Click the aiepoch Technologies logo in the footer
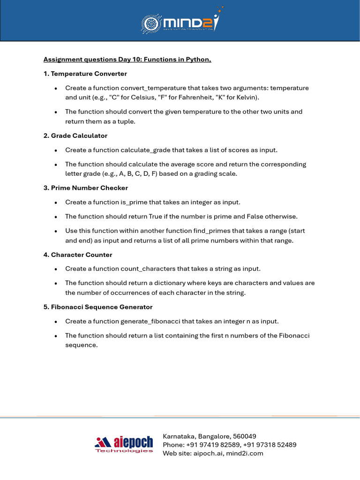point(124,444)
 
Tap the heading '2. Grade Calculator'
point(75,135)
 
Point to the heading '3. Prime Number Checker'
point(86,187)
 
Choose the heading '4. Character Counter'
point(78,255)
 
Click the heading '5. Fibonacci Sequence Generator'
point(98,307)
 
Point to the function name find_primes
point(211,231)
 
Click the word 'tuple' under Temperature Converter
point(128,121)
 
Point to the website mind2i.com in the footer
point(246,453)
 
